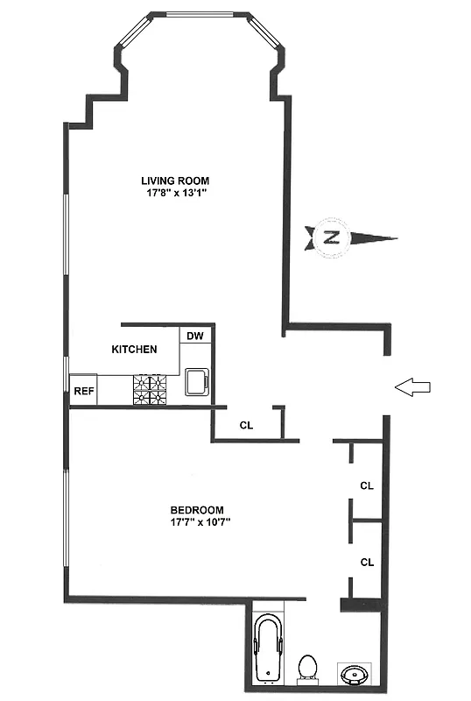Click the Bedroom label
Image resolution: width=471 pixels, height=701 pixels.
pyautogui.click(x=197, y=510)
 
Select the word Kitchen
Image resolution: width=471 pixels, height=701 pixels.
pyautogui.click(x=134, y=349)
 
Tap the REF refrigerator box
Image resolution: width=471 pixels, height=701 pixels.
pyautogui.click(x=83, y=391)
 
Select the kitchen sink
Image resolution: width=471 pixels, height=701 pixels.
pyautogui.click(x=197, y=381)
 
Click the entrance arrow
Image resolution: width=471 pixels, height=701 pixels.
pyautogui.click(x=412, y=386)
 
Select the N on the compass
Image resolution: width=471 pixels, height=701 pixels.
pyautogui.click(x=331, y=237)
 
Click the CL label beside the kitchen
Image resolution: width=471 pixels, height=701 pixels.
pyautogui.click(x=246, y=425)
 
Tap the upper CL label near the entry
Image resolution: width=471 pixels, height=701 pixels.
pyautogui.click(x=367, y=485)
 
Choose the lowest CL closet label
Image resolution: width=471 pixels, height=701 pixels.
pyautogui.click(x=367, y=562)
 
